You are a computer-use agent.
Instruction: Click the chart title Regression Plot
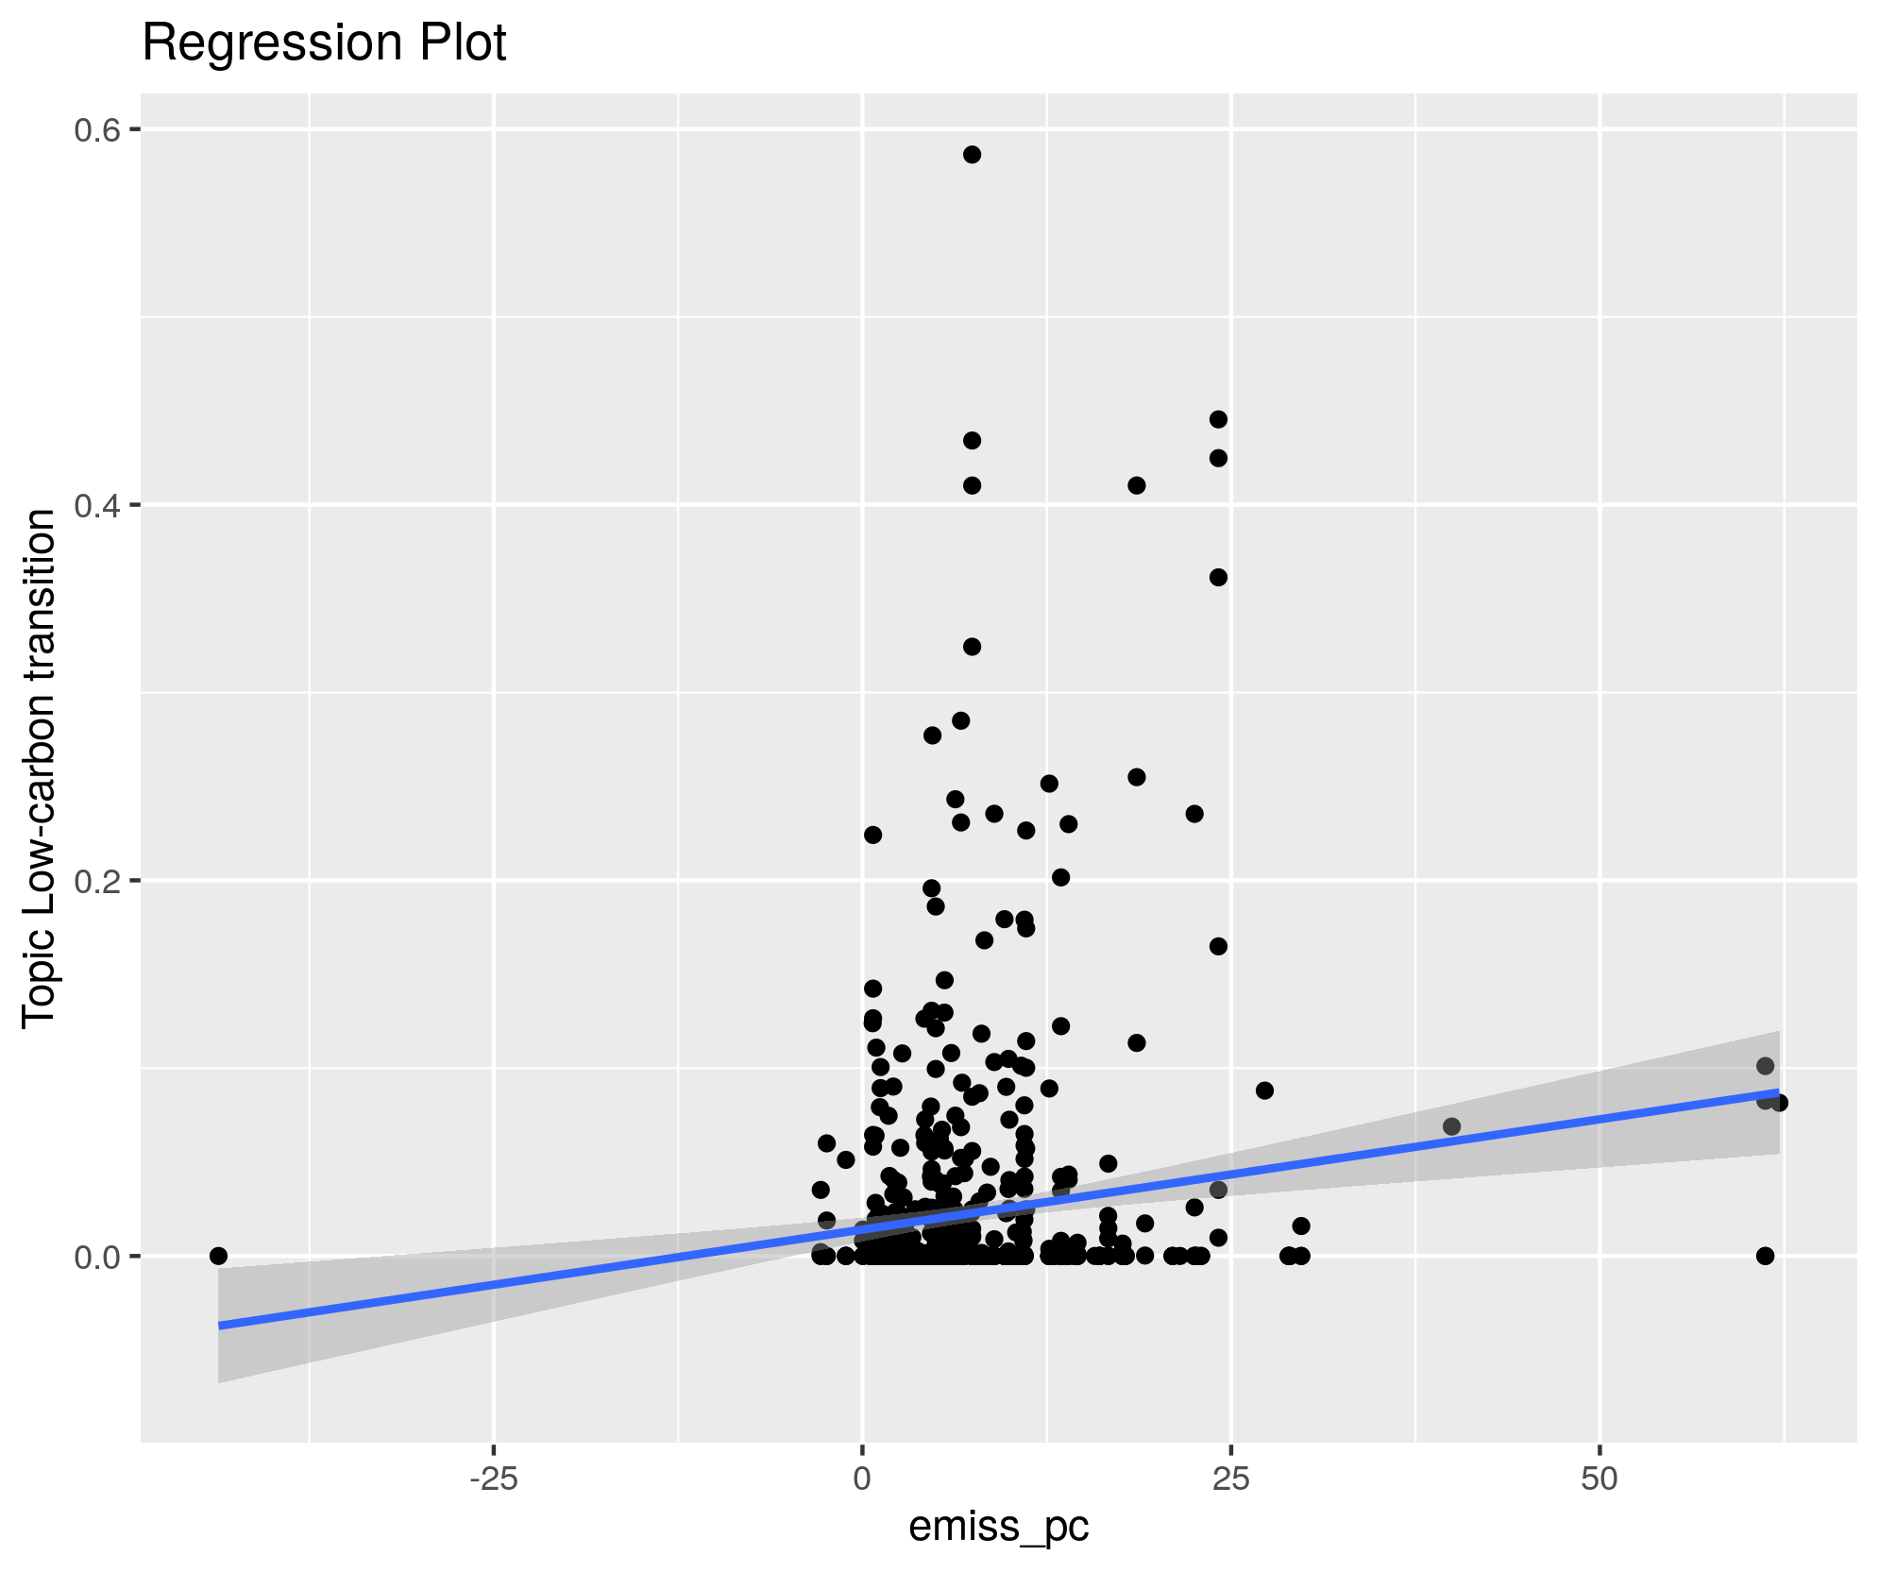click(324, 43)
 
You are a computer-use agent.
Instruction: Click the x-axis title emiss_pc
click(998, 1526)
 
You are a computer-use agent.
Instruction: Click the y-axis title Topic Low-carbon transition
click(40, 768)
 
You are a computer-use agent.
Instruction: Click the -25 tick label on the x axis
click(493, 1479)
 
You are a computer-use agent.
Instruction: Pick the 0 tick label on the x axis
click(862, 1479)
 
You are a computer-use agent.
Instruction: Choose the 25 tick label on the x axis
click(1230, 1479)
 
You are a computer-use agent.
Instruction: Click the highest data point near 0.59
click(972, 155)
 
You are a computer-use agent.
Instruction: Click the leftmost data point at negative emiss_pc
click(218, 1256)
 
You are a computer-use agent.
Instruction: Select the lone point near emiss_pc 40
click(1451, 1126)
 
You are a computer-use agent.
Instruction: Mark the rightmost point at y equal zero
click(1765, 1256)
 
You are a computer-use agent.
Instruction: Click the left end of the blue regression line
click(220, 1326)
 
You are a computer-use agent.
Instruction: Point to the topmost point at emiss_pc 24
click(1218, 419)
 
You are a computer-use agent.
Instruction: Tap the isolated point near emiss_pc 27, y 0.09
click(1264, 1090)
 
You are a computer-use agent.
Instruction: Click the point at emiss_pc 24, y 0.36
click(1218, 578)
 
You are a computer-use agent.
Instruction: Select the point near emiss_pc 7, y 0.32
click(972, 647)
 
